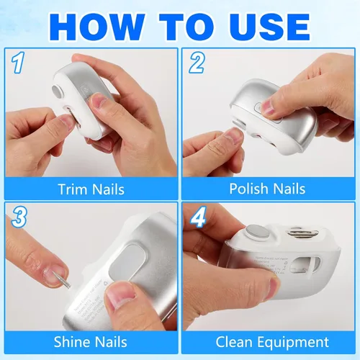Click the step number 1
point(18,63)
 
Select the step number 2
point(197,63)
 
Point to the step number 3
point(19,217)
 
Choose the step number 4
point(198,217)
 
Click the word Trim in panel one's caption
point(73,189)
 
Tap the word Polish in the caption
point(248,189)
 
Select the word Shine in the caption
point(71,342)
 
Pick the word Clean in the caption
point(234,342)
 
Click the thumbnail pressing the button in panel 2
point(268,107)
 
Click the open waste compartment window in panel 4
point(305,266)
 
